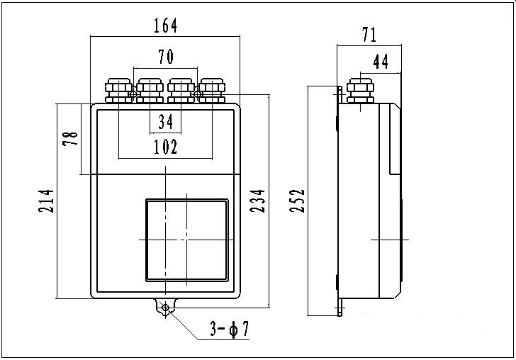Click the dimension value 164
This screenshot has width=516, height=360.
[x=166, y=26]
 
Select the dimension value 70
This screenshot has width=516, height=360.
[x=165, y=57]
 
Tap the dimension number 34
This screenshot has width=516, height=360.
[x=166, y=123]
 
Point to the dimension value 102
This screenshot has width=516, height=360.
[x=165, y=147]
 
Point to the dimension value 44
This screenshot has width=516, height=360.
[x=381, y=62]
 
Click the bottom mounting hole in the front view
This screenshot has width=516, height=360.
[x=165, y=308]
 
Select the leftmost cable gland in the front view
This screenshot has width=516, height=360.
[x=117, y=91]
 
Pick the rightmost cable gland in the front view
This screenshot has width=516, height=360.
[x=212, y=91]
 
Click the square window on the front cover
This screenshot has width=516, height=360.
[x=188, y=240]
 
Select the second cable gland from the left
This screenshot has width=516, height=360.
[x=150, y=91]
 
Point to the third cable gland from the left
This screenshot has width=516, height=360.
[x=181, y=91]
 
